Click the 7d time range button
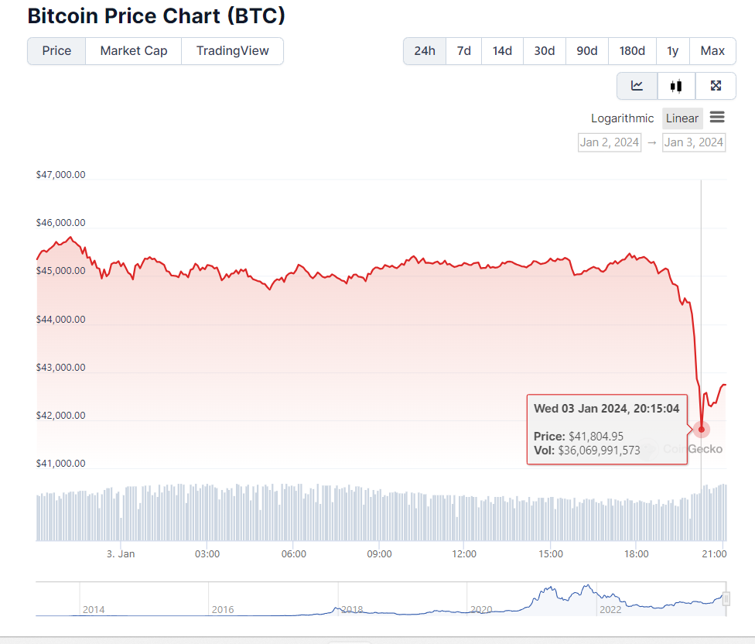[x=463, y=51]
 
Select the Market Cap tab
[x=134, y=51]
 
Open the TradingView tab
[x=232, y=51]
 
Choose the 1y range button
[x=672, y=51]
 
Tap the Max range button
[x=712, y=51]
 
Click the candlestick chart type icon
[x=677, y=86]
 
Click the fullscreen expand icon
[x=716, y=86]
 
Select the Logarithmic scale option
[x=622, y=118]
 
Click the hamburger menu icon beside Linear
[x=717, y=118]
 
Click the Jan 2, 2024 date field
[x=610, y=142]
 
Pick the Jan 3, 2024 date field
[x=694, y=142]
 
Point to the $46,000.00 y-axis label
[x=60, y=223]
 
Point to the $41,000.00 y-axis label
[x=60, y=464]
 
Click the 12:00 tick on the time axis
[x=464, y=554]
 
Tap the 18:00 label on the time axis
[x=636, y=554]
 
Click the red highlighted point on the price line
[x=702, y=429]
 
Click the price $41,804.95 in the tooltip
[x=596, y=437]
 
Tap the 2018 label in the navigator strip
[x=352, y=610]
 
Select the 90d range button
[x=586, y=51]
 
